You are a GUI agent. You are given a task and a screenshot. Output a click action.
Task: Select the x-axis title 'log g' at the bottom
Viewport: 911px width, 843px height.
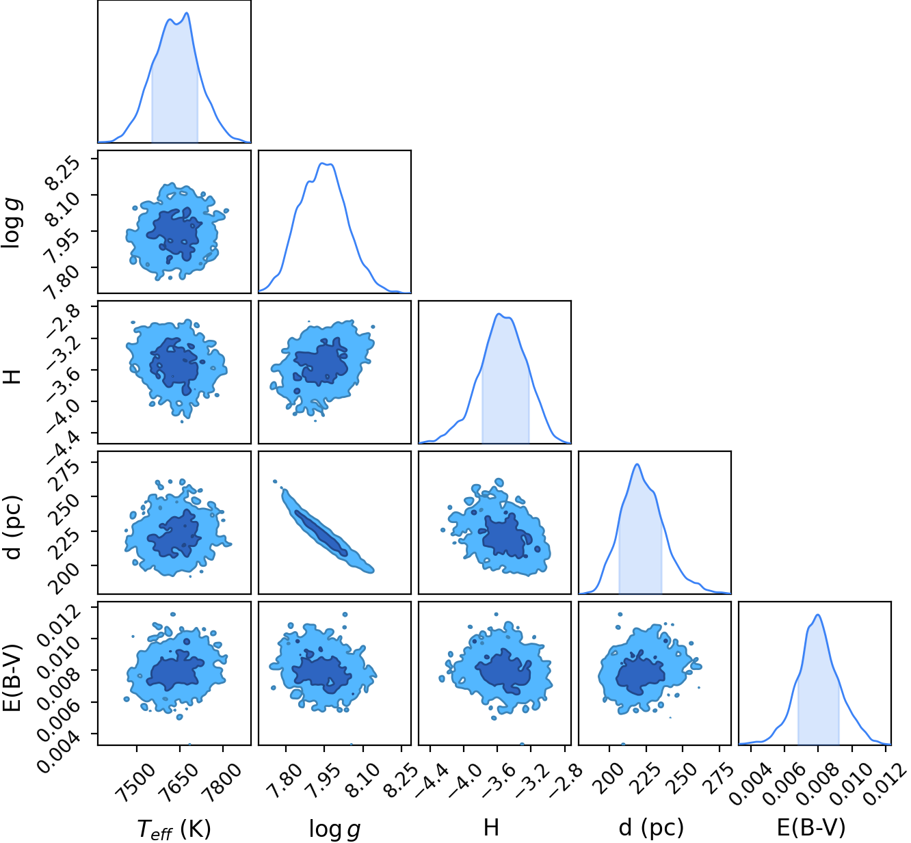335,829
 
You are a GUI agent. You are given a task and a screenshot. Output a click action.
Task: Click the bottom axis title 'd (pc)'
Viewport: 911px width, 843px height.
651,828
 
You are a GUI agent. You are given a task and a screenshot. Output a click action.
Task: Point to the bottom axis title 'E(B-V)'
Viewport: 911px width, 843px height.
810,828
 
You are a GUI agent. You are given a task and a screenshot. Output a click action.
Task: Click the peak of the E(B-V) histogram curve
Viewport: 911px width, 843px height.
818,615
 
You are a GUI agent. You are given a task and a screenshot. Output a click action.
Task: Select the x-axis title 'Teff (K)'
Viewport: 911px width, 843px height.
174,829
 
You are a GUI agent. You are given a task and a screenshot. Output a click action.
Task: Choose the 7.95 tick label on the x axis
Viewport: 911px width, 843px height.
324,776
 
